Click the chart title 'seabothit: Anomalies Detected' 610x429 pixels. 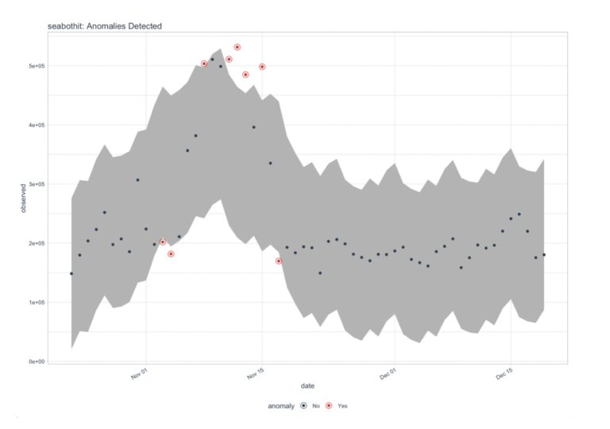pos(105,26)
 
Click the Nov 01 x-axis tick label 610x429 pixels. pos(140,373)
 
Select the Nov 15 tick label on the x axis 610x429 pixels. pos(257,373)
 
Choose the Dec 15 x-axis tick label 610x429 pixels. pos(504,373)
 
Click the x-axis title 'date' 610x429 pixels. pos(307,385)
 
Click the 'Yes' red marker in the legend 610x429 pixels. pos(329,405)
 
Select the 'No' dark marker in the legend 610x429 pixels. pos(303,405)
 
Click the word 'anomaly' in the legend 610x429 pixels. pos(281,405)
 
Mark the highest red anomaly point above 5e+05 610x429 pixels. pos(237,48)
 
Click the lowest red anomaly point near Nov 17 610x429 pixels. pos(279,261)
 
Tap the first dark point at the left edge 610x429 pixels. pos(71,273)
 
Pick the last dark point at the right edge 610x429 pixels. pos(544,255)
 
